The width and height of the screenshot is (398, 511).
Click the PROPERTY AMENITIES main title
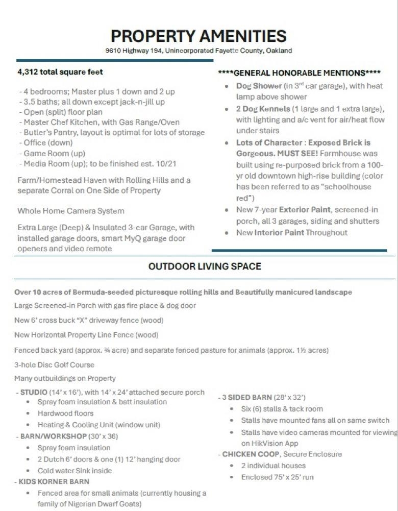198,36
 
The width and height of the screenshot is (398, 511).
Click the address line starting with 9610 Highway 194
198,51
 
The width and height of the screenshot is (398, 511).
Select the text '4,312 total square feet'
60,72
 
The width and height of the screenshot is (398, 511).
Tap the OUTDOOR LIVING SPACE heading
205,266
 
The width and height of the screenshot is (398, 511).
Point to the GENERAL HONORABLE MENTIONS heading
300,73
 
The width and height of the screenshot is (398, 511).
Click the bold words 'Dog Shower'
259,86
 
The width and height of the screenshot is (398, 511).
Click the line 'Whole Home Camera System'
71,211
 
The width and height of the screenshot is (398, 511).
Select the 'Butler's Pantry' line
113,133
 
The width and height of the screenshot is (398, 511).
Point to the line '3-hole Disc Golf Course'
55,365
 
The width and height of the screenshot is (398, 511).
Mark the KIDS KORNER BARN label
55,481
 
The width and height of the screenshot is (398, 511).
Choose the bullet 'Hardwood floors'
66,413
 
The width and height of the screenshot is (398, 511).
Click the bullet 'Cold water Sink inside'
74,471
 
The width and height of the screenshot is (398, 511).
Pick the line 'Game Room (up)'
54,153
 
